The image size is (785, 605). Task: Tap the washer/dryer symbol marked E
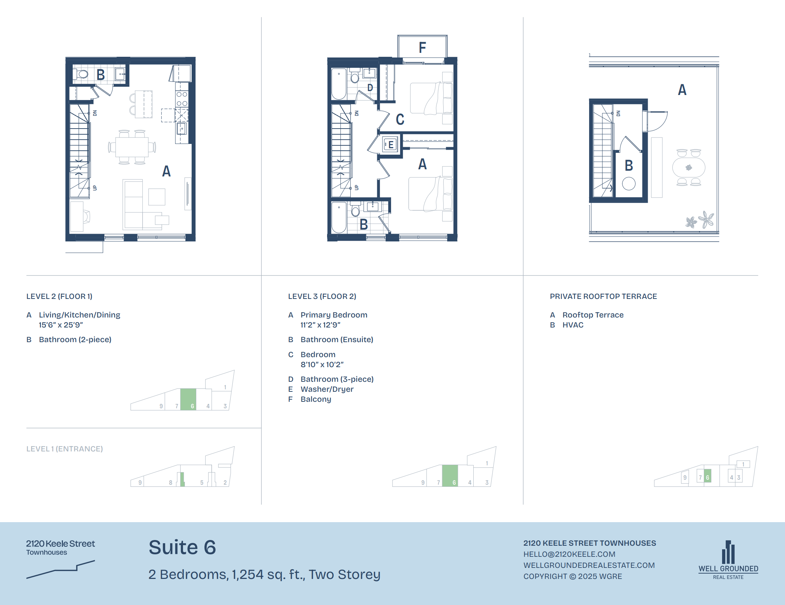point(390,145)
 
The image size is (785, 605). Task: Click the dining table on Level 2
point(132,147)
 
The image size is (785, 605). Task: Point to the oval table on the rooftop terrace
point(689,167)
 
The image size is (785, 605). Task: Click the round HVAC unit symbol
point(629,184)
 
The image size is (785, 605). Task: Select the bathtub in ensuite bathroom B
point(339,217)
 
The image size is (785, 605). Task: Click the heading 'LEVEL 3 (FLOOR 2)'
point(322,296)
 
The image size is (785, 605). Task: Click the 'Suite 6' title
point(182,547)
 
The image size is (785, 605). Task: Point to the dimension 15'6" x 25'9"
point(61,325)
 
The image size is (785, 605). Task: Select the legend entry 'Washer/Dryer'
point(327,389)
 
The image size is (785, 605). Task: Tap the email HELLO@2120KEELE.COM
point(569,554)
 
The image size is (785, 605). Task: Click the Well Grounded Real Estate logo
point(728,560)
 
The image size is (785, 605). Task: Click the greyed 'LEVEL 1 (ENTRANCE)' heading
point(65,449)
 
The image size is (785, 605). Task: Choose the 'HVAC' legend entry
point(573,325)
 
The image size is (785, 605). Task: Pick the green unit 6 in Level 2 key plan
point(188,399)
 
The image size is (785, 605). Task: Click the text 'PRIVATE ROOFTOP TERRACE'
point(603,296)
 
